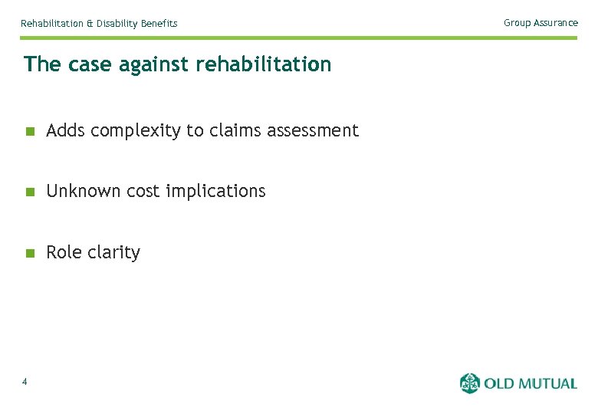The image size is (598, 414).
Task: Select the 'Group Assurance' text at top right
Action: pos(540,23)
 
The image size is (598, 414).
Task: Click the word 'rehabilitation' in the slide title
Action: pos(264,64)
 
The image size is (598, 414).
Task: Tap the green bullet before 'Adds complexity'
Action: pos(30,131)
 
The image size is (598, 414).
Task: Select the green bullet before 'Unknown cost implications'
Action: pos(30,192)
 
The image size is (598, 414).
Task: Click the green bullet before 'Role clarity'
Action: pos(30,253)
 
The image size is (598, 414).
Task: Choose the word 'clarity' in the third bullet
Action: pos(115,253)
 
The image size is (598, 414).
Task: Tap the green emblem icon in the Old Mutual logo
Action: pos(470,383)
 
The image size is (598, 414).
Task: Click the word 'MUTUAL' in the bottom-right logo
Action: pos(546,383)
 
